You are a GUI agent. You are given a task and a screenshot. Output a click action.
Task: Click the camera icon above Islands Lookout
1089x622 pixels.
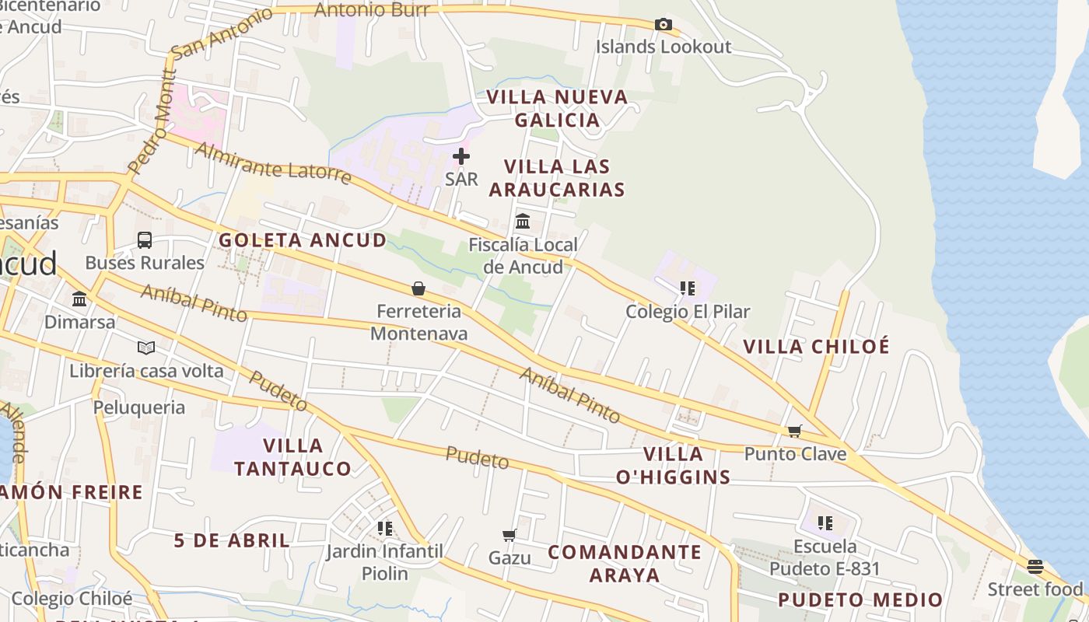point(663,25)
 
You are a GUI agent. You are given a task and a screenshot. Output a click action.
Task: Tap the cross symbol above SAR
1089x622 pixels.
point(461,156)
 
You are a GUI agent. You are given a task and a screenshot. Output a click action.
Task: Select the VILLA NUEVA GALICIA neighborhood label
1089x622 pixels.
point(557,109)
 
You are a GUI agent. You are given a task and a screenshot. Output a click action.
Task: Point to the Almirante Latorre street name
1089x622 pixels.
point(273,162)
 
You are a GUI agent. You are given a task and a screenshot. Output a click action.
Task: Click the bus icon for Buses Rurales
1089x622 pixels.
point(145,240)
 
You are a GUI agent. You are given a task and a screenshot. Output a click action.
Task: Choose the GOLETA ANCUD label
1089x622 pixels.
point(303,240)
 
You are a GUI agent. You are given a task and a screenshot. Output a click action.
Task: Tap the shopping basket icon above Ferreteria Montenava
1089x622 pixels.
point(418,289)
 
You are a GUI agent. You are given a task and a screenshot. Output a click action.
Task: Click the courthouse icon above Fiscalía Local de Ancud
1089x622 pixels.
point(523,222)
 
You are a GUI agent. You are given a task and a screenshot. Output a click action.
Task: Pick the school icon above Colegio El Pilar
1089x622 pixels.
point(688,289)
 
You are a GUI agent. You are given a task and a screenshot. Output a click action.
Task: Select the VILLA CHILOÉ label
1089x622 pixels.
point(816,347)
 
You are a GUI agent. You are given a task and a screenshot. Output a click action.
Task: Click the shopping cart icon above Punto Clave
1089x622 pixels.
point(794,431)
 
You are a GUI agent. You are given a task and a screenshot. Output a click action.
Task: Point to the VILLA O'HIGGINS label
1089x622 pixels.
point(674,466)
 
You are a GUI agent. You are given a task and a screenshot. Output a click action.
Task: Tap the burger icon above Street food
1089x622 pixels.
point(1035,566)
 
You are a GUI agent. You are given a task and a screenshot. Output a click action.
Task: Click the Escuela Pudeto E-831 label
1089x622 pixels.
point(825,557)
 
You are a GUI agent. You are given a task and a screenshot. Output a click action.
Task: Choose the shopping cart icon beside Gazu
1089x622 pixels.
point(509,535)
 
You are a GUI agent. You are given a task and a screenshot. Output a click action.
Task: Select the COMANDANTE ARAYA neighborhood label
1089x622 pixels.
point(625,564)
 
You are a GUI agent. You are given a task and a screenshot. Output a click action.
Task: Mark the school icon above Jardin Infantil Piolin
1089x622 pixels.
point(384,529)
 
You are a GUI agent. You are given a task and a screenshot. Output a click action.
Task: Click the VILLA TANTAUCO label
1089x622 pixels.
point(292,457)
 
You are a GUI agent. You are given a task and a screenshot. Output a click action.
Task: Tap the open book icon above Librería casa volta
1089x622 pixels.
point(146,348)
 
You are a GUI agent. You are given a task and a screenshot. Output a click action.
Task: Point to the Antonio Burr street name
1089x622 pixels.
point(372,10)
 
